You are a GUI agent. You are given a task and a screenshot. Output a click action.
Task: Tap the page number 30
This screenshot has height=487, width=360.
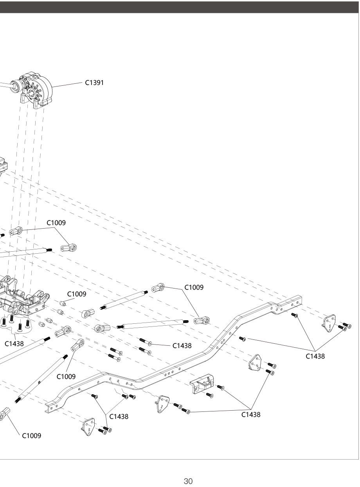point(188,481)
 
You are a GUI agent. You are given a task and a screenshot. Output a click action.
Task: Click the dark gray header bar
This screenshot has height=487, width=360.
point(180,7)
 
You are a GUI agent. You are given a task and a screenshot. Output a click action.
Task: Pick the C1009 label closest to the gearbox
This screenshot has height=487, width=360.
point(56,223)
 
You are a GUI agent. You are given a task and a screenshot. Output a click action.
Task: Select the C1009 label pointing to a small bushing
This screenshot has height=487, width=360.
point(77,294)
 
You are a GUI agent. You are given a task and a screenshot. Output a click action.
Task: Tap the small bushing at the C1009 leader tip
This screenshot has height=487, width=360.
point(62,303)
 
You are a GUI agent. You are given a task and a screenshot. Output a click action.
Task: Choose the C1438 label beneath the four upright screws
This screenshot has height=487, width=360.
point(14,344)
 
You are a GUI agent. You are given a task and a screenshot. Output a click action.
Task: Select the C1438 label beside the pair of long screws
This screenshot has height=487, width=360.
point(182,346)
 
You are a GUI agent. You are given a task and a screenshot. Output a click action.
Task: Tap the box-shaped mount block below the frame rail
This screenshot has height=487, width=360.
point(202,381)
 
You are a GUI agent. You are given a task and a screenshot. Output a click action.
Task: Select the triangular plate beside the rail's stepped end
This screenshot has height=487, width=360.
point(328,323)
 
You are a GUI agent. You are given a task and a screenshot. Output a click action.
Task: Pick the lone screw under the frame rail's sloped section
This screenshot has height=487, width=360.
point(242,338)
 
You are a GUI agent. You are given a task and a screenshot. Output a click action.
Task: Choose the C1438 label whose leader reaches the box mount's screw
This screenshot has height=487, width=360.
point(251,415)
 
